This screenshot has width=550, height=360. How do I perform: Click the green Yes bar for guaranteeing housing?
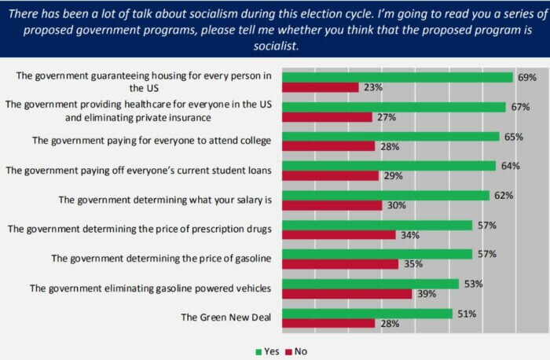click(x=398, y=77)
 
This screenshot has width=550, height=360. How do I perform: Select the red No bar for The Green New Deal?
click(x=328, y=323)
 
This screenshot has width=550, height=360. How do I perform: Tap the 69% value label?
click(x=526, y=77)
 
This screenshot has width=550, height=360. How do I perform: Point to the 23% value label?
click(x=372, y=88)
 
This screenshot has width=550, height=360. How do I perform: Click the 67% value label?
click(x=519, y=106)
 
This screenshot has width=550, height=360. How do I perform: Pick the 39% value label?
click(x=425, y=294)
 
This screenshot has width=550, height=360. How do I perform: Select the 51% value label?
click(x=465, y=313)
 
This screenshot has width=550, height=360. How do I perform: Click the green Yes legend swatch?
click(x=258, y=351)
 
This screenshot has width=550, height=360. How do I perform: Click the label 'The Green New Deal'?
click(x=226, y=318)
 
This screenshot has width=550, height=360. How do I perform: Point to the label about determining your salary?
click(x=165, y=199)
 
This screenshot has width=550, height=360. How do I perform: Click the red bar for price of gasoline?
click(x=340, y=264)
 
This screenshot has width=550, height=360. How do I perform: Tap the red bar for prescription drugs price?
click(x=339, y=235)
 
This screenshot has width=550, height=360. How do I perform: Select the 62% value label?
click(x=502, y=195)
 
